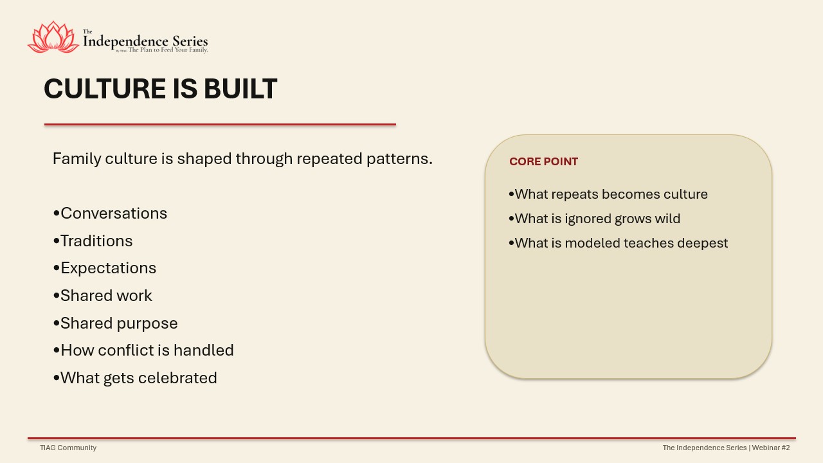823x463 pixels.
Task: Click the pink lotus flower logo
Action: [53, 37]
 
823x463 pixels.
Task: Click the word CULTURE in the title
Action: [105, 89]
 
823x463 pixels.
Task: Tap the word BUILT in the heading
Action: [240, 89]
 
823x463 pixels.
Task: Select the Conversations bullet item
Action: [110, 213]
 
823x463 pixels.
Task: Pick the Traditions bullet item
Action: [93, 241]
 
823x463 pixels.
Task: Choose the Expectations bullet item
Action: [105, 268]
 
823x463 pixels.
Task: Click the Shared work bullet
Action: [102, 296]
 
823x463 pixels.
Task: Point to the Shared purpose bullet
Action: [115, 323]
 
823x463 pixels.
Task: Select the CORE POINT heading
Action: [543, 161]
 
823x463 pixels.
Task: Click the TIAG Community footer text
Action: [68, 448]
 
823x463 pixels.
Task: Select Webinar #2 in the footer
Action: [771, 448]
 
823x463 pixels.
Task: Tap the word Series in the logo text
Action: [190, 41]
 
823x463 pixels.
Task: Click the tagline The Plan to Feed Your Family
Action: [168, 50]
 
